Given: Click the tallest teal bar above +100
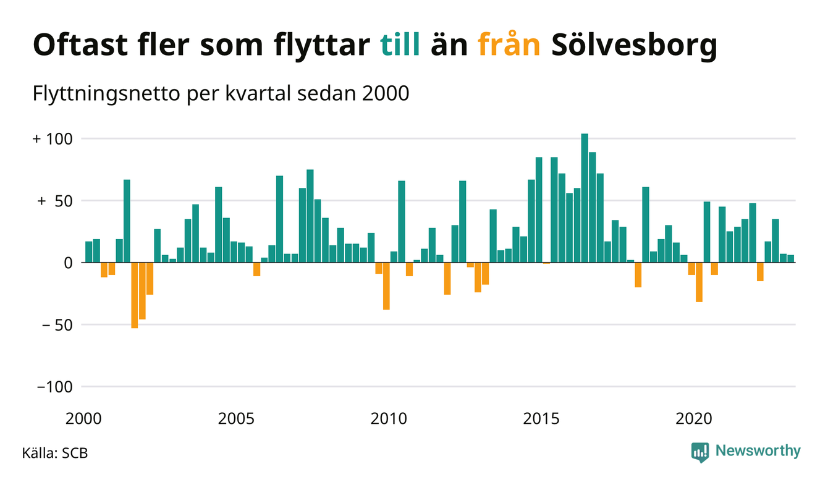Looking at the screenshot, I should click(x=585, y=198).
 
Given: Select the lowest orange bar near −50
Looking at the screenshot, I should click(x=135, y=295).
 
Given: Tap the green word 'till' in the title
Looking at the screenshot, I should click(x=400, y=46).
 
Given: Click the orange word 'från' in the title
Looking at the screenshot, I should click(x=509, y=46).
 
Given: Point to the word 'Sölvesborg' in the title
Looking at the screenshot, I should click(x=633, y=46).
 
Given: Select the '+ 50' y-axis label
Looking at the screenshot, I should click(x=56, y=201).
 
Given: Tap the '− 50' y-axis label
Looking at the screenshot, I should click(x=56, y=324).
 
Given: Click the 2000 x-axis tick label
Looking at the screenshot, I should click(x=83, y=418).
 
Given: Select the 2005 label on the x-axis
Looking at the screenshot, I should click(x=236, y=418).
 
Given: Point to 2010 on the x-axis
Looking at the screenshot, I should click(x=389, y=418).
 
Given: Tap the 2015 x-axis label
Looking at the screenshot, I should click(x=541, y=418).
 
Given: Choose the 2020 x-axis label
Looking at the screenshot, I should click(x=694, y=418).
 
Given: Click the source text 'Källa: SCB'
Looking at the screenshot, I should click(x=55, y=453).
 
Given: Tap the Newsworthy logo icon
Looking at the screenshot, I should click(x=699, y=452).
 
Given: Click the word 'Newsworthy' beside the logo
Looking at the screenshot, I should click(x=758, y=451).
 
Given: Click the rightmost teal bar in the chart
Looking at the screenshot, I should click(x=790, y=259).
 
